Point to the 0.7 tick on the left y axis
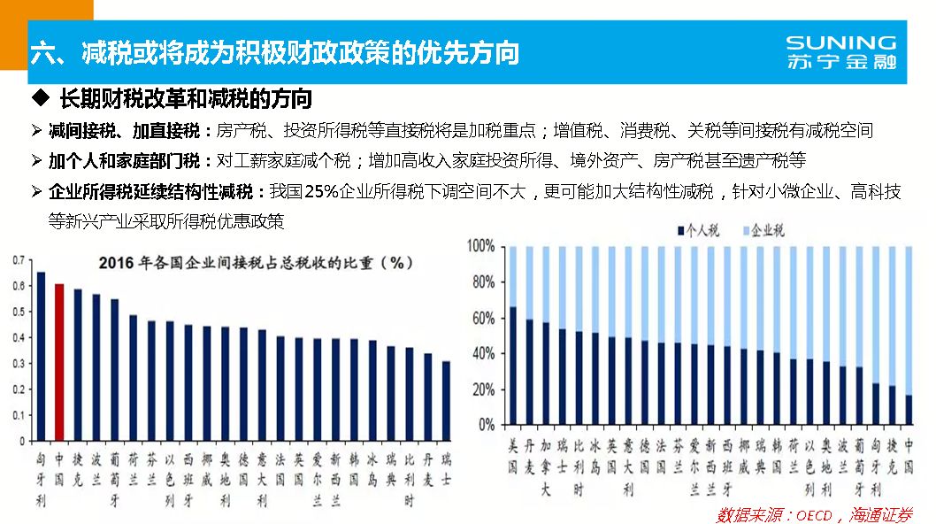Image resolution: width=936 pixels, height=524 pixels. pyautogui.click(x=18, y=260)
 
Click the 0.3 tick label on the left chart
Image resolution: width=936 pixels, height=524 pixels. pyautogui.click(x=18, y=363)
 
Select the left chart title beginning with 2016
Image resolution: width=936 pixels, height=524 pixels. pyautogui.click(x=257, y=263)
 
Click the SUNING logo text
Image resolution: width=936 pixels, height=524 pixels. pyautogui.click(x=840, y=42)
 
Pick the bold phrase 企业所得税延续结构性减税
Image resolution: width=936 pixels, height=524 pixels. pyautogui.click(x=156, y=191)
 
